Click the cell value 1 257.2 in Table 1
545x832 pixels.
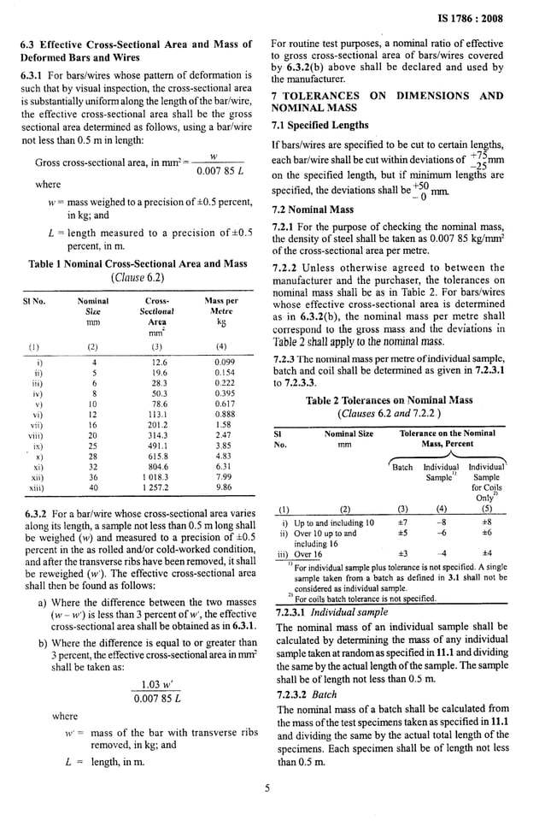tap(158, 487)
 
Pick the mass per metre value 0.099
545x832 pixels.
tap(224, 363)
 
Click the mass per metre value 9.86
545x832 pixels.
tap(224, 487)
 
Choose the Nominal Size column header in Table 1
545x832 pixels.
tap(93, 307)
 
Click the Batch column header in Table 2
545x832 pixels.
tap(402, 468)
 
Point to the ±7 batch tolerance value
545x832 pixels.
tap(402, 522)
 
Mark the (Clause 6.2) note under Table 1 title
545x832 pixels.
tap(137, 277)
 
